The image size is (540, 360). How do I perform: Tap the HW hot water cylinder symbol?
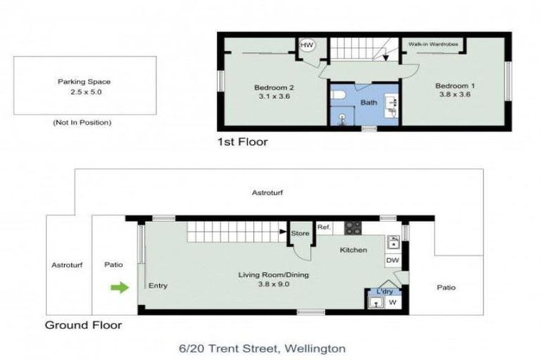coord(307,46)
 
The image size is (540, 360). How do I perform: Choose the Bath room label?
coord(369,103)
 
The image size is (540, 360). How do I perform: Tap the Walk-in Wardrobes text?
coord(434,44)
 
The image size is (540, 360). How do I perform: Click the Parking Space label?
coord(84,82)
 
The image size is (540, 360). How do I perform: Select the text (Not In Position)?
coord(82,122)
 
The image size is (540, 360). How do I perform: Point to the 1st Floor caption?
coord(243,141)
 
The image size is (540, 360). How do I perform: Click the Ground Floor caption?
coord(83,325)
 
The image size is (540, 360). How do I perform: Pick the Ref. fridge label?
coord(324,227)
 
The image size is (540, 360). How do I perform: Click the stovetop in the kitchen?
coord(352,228)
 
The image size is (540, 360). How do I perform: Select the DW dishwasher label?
coord(392,261)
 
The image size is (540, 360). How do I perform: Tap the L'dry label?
coord(384,291)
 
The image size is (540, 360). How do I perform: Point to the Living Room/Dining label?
coord(275,274)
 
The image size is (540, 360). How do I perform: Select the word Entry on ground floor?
coord(157,285)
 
